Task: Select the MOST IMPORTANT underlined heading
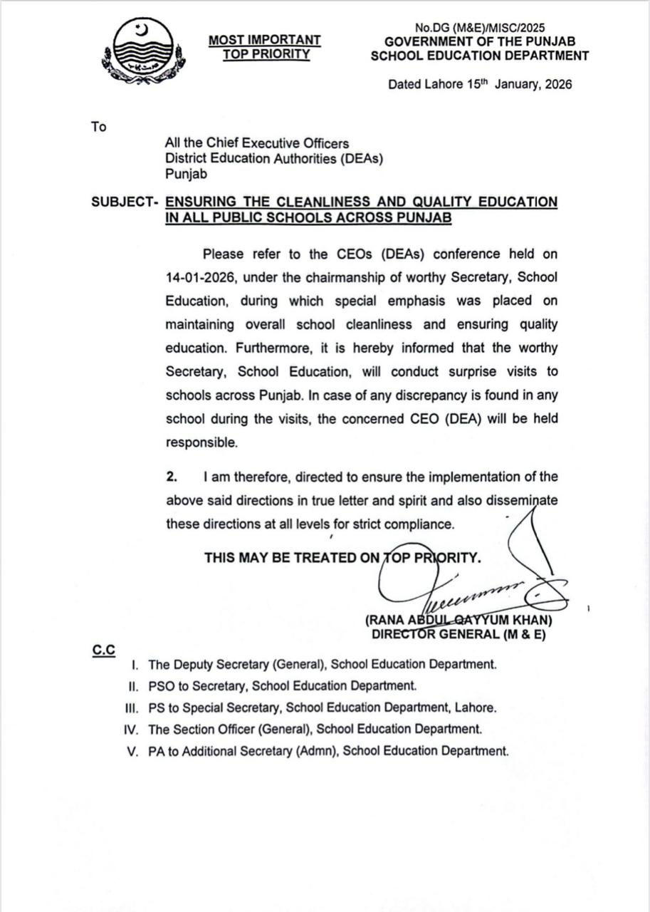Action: click(x=264, y=41)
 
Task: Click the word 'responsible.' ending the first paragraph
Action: click(x=201, y=442)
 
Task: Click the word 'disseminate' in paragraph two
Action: click(x=523, y=500)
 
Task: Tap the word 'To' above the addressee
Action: click(x=98, y=127)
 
